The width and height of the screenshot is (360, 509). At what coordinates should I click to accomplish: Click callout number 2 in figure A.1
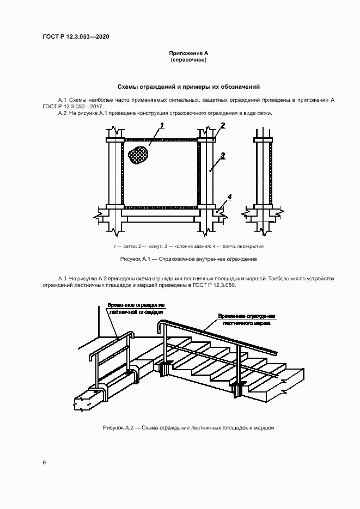[x=222, y=126]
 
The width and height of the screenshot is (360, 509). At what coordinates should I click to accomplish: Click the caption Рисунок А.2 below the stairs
[x=188, y=428]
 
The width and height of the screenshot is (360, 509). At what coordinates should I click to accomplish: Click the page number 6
[x=44, y=462]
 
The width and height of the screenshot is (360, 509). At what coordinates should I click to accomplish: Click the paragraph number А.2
[x=62, y=113]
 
